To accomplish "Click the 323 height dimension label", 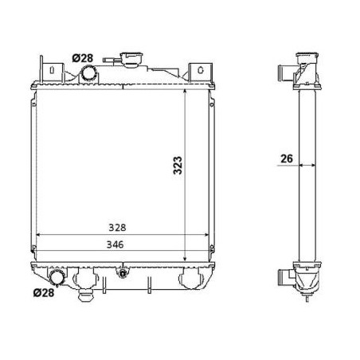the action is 178,165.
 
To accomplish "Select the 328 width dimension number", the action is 117,228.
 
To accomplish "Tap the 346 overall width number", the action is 115,245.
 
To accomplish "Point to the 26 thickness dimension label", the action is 287,158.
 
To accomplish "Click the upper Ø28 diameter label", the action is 83,58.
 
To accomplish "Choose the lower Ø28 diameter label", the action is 44,292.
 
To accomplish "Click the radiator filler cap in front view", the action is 131,59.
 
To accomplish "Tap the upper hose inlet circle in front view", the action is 88,73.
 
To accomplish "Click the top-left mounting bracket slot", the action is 53,70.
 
